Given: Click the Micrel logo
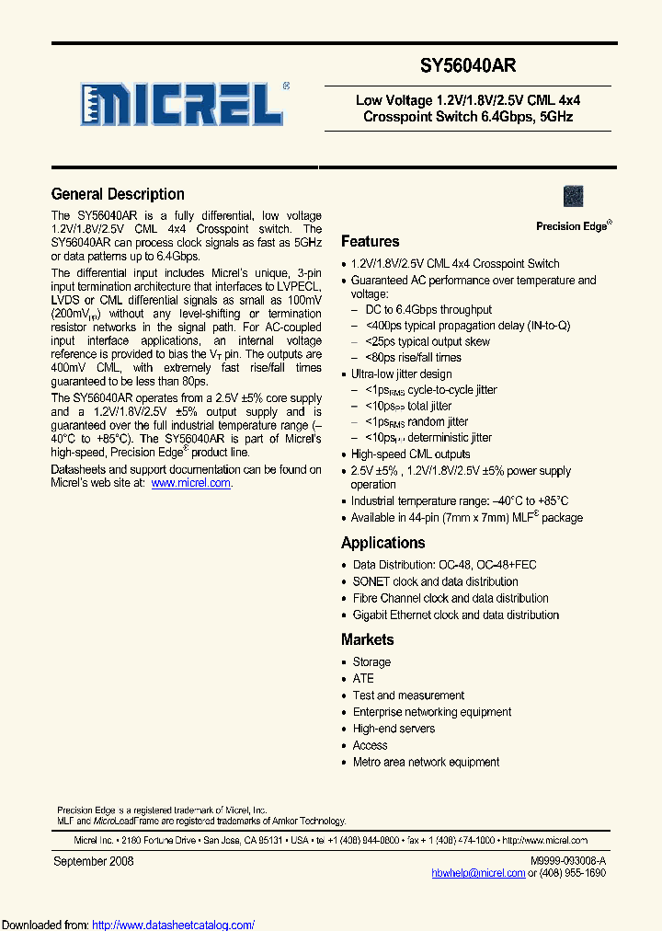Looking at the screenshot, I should click(x=182, y=104).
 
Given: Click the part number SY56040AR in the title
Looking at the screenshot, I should click(x=468, y=66).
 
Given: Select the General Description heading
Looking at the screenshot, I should click(x=118, y=194).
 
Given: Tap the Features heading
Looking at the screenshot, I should click(x=370, y=242).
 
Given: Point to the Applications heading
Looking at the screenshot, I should click(x=382, y=543).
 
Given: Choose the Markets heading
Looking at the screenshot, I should click(x=367, y=639).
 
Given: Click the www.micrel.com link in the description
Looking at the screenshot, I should click(x=190, y=483).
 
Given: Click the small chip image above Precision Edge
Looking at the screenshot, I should click(x=573, y=196).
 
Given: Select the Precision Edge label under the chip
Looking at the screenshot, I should click(x=572, y=226).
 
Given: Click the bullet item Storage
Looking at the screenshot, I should click(x=371, y=662).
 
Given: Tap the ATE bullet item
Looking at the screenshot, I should click(x=363, y=679).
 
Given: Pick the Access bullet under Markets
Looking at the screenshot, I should click(x=370, y=745).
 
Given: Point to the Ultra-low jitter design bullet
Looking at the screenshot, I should click(x=401, y=374).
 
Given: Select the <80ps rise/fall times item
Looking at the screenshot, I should click(x=413, y=358).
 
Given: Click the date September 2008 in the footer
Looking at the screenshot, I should click(x=94, y=861).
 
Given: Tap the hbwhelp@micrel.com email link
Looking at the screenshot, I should click(x=478, y=873).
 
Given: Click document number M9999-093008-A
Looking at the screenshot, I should click(x=568, y=860).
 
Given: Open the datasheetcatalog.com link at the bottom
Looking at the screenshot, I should click(x=174, y=925).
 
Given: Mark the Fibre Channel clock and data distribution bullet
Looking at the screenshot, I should click(x=451, y=598).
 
